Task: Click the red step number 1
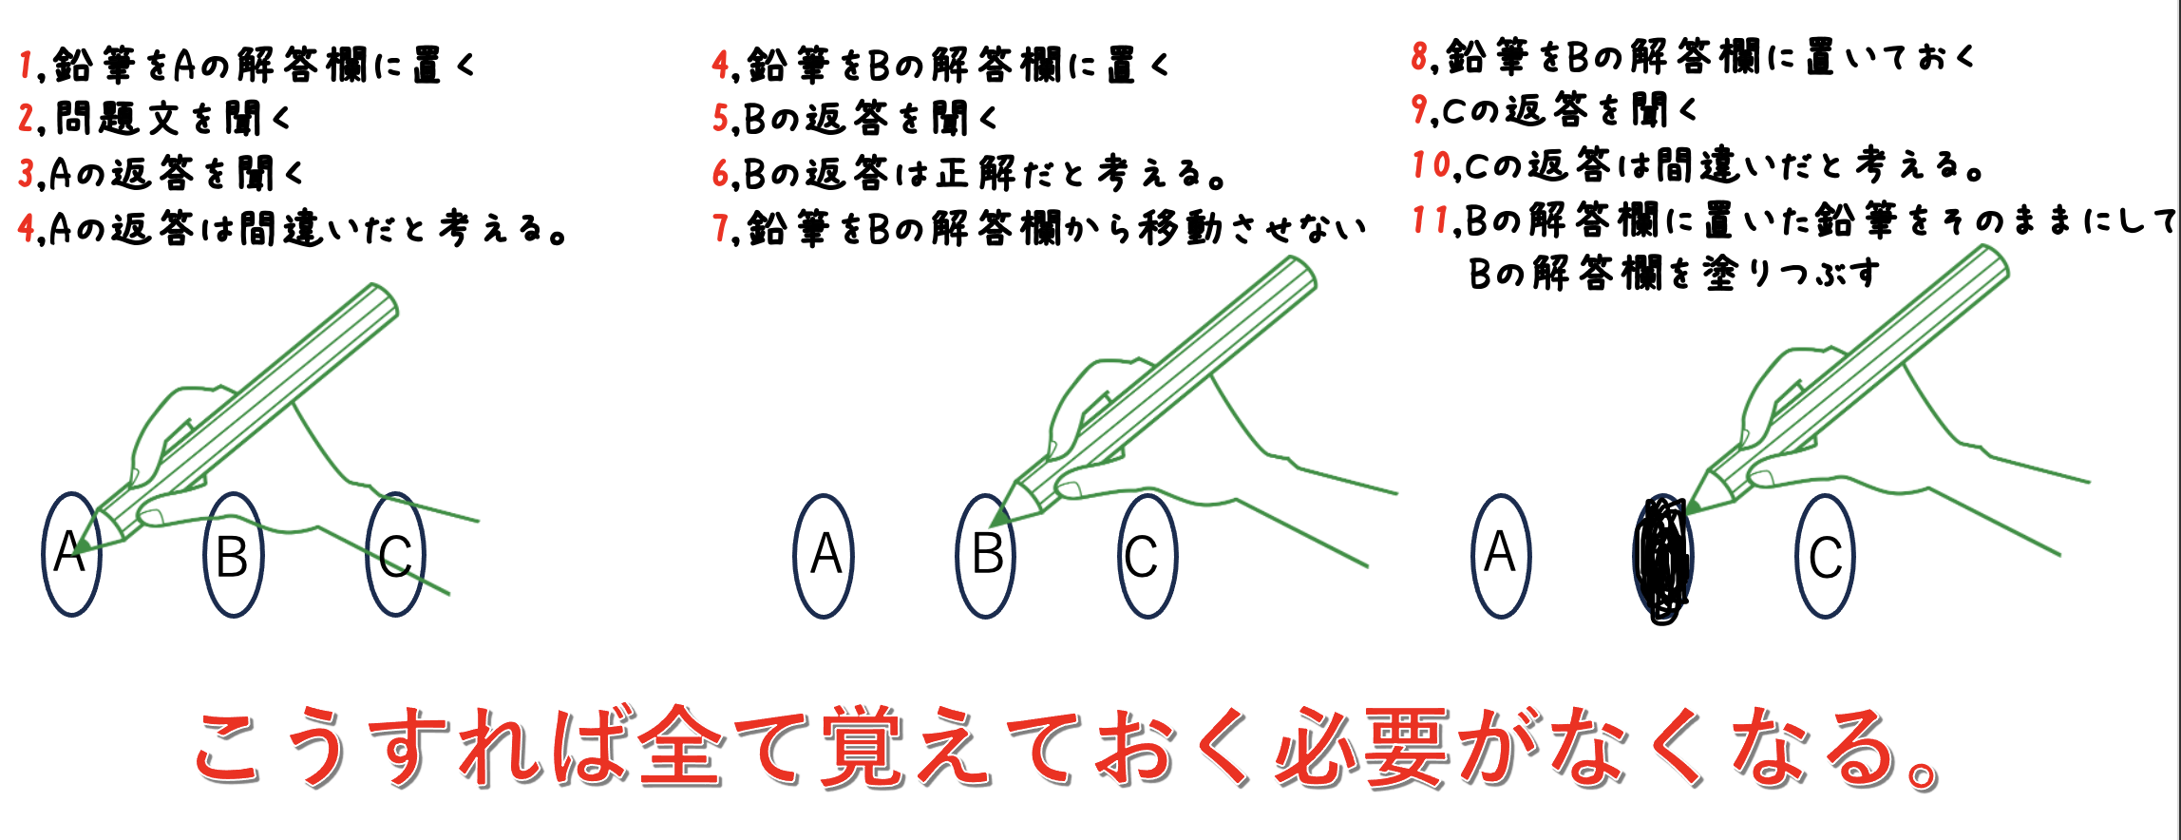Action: click(x=25, y=65)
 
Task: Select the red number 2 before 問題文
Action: click(x=27, y=119)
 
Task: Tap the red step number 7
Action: click(x=721, y=228)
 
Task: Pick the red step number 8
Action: click(x=1420, y=57)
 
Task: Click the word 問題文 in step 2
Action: click(x=118, y=119)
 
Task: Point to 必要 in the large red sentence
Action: click(x=1362, y=748)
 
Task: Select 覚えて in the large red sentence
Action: click(x=950, y=748)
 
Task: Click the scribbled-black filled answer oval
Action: click(x=1662, y=559)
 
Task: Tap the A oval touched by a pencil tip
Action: click(x=71, y=555)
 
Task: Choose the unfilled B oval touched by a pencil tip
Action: click(x=986, y=556)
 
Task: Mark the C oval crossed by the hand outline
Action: click(x=395, y=555)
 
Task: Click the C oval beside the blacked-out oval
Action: click(x=1825, y=556)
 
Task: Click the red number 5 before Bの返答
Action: click(x=721, y=119)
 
